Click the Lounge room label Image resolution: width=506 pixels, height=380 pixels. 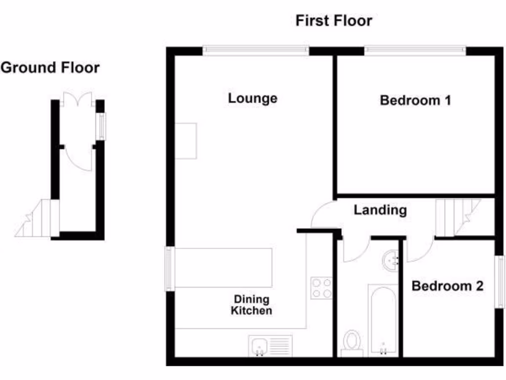coord(253,98)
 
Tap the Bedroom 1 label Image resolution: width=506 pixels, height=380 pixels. coord(415,100)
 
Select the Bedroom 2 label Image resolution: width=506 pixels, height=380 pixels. coord(447,286)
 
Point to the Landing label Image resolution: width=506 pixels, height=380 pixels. coord(380,210)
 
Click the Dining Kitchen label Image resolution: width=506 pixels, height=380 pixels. coord(252,305)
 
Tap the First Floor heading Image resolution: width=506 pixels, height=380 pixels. coord(334,21)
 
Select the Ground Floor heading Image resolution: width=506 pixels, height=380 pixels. coord(50,68)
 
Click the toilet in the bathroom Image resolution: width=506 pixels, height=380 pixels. coord(352,343)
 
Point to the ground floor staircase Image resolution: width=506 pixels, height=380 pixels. coord(38,218)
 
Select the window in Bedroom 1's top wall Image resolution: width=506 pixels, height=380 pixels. coord(415,50)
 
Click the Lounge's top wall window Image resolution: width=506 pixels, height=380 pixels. coord(255,50)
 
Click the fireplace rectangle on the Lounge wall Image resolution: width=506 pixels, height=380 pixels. coord(186,141)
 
